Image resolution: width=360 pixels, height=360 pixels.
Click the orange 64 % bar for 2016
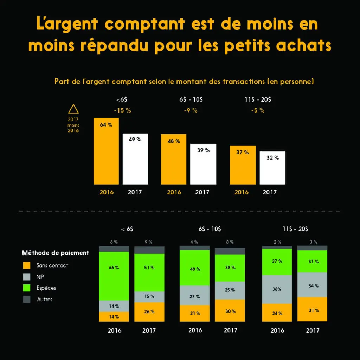point(106,151)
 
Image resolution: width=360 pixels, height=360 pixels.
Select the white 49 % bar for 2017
point(135,159)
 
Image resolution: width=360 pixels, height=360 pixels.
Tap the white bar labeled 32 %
point(272,168)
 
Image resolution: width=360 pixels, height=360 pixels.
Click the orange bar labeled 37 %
point(243,165)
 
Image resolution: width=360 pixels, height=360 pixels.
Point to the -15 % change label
point(122,110)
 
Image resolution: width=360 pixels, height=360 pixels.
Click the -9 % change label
point(191,110)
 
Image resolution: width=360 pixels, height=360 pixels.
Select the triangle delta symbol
point(73,109)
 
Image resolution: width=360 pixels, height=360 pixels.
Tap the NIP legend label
point(40,277)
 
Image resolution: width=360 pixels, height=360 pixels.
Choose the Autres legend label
point(45,300)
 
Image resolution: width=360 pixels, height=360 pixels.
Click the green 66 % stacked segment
point(114,276)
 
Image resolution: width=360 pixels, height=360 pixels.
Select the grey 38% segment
point(277,289)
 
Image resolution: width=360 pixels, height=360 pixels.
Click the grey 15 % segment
point(149,296)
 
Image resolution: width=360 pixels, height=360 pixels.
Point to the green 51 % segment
point(149,272)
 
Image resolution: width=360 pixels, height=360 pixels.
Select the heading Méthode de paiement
point(56,253)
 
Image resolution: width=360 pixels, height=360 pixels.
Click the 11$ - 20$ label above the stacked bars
point(295,229)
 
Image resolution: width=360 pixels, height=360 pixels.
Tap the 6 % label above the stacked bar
point(114,242)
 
